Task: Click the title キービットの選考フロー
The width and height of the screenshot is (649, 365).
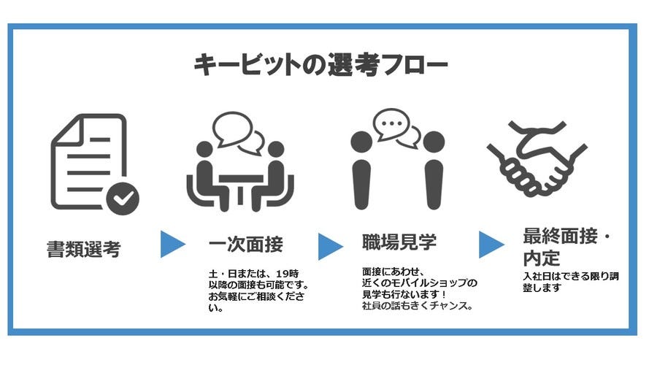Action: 320,64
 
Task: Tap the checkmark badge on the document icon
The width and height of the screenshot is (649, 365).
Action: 123,199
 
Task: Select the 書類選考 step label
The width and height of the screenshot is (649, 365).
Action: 84,250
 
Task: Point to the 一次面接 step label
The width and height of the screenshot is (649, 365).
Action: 246,245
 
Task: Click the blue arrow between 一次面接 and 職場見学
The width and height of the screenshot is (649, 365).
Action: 330,247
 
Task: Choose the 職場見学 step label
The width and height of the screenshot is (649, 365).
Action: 399,242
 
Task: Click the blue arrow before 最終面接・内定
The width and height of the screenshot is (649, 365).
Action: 491,245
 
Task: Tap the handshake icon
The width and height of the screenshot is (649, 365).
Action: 537,158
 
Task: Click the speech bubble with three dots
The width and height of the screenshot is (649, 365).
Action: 391,124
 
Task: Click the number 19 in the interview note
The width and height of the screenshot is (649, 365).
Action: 283,274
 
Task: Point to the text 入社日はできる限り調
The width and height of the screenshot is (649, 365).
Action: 571,276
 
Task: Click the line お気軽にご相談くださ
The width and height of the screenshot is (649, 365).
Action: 256,296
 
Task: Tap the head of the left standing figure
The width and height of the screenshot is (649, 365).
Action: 361,142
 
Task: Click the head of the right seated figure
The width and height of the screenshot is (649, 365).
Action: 276,150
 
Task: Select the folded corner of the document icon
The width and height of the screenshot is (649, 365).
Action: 67,131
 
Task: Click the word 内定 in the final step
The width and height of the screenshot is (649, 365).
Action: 542,258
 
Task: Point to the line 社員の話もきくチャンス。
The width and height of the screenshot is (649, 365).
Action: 418,307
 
